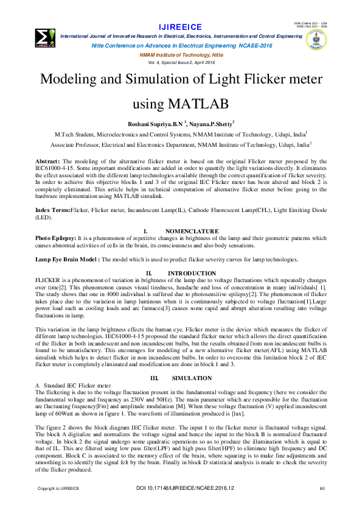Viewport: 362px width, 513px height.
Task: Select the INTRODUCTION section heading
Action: coord(192,272)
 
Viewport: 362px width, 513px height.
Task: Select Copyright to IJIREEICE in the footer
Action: coord(60,506)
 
